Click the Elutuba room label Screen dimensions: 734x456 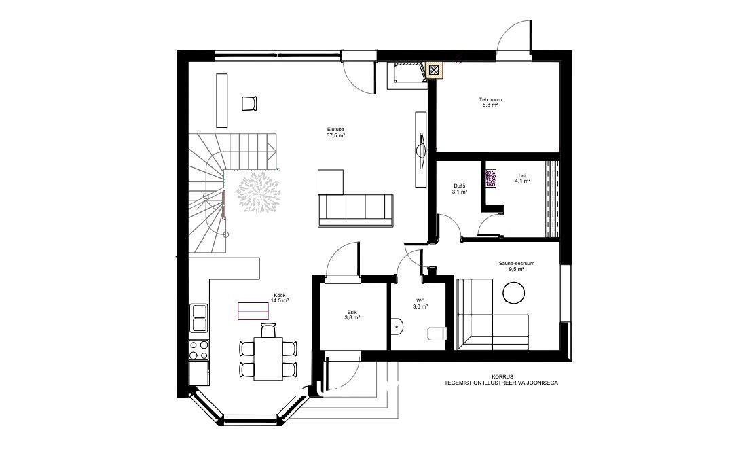pyautogui.click(x=335, y=132)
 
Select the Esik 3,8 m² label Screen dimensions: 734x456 pyautogui.click(x=352, y=315)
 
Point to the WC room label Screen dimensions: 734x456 pyautogui.click(x=420, y=304)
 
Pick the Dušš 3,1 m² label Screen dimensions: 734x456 pyautogui.click(x=459, y=189)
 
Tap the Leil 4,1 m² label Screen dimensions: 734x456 pyautogui.click(x=522, y=178)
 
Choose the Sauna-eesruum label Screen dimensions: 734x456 pyautogui.click(x=516, y=264)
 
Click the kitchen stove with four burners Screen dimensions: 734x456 pyautogui.click(x=199, y=350)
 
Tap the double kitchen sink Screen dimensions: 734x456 pyautogui.click(x=199, y=318)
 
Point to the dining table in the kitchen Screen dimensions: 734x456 pyautogui.click(x=268, y=359)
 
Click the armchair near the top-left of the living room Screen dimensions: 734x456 pyautogui.click(x=249, y=103)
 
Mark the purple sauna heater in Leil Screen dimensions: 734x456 pyautogui.click(x=491, y=179)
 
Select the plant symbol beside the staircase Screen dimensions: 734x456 pyautogui.click(x=259, y=192)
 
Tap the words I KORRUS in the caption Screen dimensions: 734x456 pyautogui.click(x=501, y=376)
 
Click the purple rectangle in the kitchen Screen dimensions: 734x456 pyautogui.click(x=253, y=311)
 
